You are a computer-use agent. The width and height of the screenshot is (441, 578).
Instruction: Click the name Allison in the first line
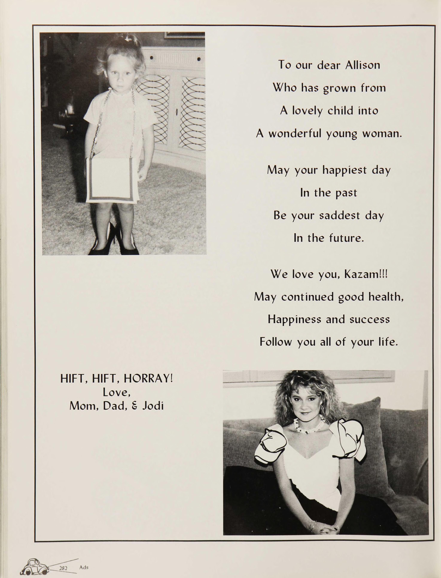(362, 65)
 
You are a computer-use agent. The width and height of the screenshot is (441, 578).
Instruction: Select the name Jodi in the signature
(153, 406)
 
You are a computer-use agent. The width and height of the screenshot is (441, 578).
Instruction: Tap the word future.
(346, 238)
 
